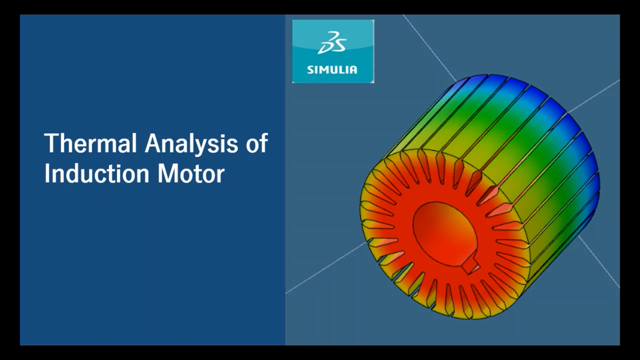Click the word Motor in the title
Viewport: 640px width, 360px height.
pyautogui.click(x=191, y=173)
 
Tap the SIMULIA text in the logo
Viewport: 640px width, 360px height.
pyautogui.click(x=332, y=70)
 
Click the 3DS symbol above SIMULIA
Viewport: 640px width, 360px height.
pyautogui.click(x=332, y=43)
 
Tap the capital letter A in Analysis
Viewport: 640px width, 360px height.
pyautogui.click(x=154, y=143)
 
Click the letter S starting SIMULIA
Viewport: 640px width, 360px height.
pyautogui.click(x=310, y=70)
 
